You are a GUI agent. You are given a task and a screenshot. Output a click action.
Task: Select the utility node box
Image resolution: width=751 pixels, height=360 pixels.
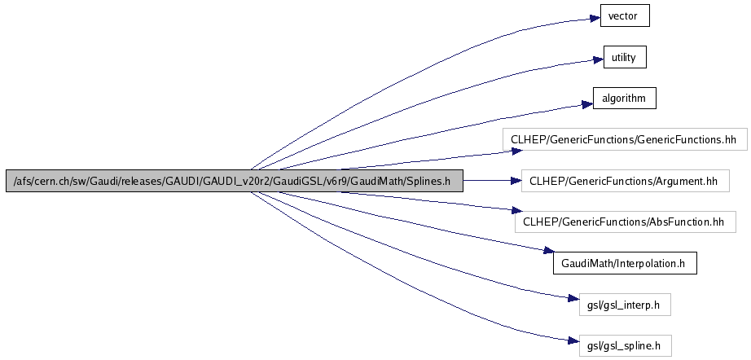pos(624,57)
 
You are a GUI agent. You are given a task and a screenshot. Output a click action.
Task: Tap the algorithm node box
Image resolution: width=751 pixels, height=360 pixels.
pos(624,99)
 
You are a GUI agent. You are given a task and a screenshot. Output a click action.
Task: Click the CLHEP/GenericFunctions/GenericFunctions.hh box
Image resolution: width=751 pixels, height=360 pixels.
pos(624,139)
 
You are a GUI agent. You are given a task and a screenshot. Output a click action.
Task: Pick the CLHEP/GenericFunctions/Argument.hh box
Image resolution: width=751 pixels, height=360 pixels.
pos(624,180)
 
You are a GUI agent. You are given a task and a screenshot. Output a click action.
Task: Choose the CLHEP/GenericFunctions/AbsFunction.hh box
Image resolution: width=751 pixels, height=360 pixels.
pos(624,222)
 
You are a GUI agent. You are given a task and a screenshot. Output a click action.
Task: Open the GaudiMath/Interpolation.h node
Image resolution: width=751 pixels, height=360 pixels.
pos(624,263)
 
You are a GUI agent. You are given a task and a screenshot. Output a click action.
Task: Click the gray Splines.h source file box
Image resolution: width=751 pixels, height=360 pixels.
pos(235,181)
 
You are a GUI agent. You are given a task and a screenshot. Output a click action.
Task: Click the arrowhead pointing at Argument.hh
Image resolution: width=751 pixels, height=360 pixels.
pos(515,180)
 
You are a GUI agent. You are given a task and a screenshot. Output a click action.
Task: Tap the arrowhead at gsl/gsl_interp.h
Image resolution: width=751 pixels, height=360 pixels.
pos(570,301)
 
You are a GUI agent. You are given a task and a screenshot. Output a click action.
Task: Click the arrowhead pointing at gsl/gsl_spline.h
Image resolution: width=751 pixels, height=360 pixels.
pos(570,343)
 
